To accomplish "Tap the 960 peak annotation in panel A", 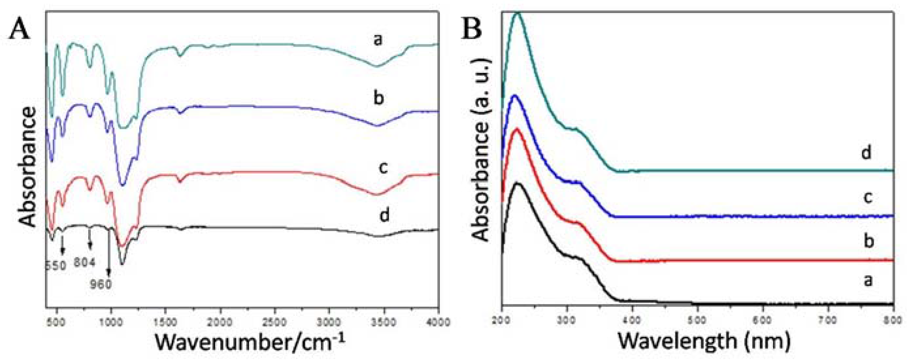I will click(x=101, y=284).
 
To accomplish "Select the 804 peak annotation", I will click(x=85, y=263).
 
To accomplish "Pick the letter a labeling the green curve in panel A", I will click(x=378, y=40).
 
